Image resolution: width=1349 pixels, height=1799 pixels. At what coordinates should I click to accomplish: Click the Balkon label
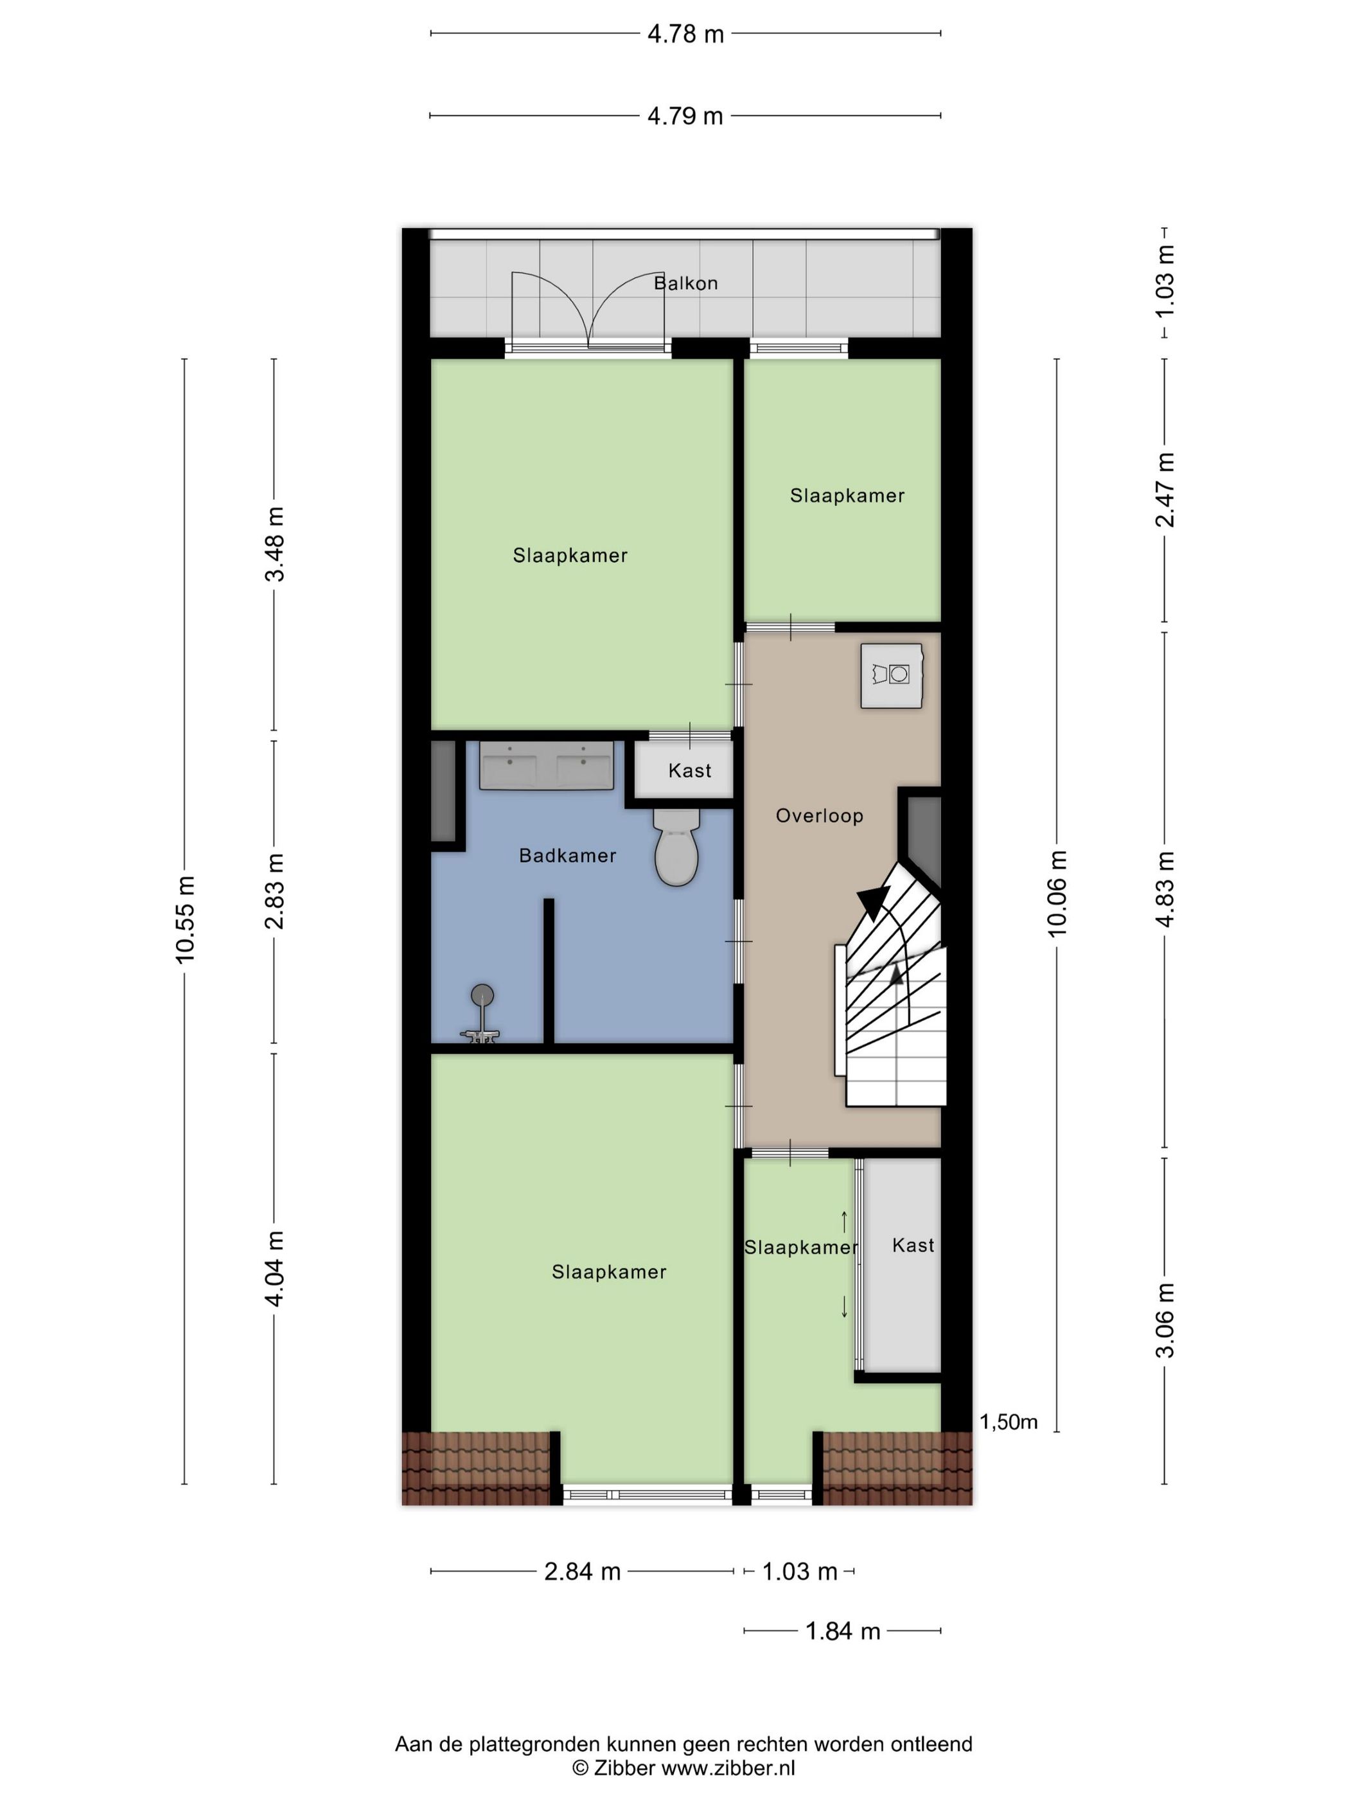coord(685,283)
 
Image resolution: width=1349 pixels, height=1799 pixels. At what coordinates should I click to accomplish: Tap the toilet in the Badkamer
coord(676,850)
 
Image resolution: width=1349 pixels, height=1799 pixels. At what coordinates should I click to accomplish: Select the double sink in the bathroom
coord(545,765)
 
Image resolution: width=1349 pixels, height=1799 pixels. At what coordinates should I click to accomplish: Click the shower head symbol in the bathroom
coord(482,995)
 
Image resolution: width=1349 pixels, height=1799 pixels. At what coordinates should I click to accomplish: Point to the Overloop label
coord(819,816)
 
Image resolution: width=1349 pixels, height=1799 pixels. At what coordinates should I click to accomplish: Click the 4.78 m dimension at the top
coord(685,34)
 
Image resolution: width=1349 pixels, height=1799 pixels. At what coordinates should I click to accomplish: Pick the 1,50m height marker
coord(1009,1422)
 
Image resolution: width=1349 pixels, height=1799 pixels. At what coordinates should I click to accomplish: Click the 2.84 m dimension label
coord(582,1572)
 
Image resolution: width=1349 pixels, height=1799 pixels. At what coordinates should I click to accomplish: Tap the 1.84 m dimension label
coord(842,1631)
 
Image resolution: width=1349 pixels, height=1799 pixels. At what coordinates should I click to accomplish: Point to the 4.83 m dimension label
coord(1165,889)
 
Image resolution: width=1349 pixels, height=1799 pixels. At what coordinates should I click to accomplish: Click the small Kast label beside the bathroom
coord(689,770)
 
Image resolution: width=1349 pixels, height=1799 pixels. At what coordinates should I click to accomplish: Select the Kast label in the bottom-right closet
coord(912,1245)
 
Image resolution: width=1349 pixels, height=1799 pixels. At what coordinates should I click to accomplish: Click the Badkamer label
coord(568,856)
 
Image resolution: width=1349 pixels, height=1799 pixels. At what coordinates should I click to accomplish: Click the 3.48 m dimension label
coord(275,544)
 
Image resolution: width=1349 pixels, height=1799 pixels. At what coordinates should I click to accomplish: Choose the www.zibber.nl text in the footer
coord(728,1768)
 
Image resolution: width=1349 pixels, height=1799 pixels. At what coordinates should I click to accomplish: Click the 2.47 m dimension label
coord(1165,490)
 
